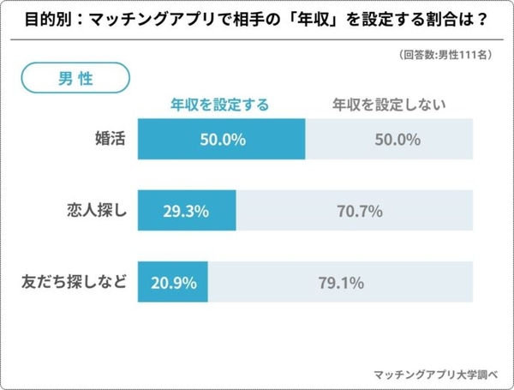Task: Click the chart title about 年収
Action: point(257,18)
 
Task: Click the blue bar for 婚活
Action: point(220,138)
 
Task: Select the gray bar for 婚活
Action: point(389,138)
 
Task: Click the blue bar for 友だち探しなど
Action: point(171,281)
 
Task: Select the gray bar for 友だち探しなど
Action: point(339,281)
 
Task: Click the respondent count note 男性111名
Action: point(444,55)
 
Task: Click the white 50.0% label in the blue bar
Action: point(221,138)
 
